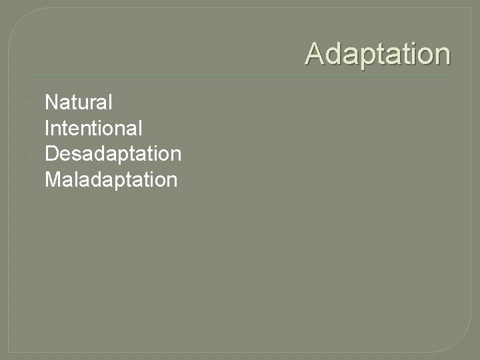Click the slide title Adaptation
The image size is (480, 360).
pyautogui.click(x=377, y=54)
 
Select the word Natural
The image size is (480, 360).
pyautogui.click(x=78, y=103)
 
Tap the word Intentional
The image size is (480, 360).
pyautogui.click(x=93, y=128)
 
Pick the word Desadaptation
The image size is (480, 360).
pyautogui.click(x=113, y=154)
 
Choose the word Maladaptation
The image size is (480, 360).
pyautogui.click(x=111, y=179)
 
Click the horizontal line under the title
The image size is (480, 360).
pyautogui.click(x=240, y=75)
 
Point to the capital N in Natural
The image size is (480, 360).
pyautogui.click(x=51, y=103)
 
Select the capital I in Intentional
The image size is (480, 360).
pyautogui.click(x=47, y=128)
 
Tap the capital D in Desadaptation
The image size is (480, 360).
pyautogui.click(x=51, y=154)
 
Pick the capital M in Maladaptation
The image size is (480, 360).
pyautogui.click(x=53, y=179)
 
